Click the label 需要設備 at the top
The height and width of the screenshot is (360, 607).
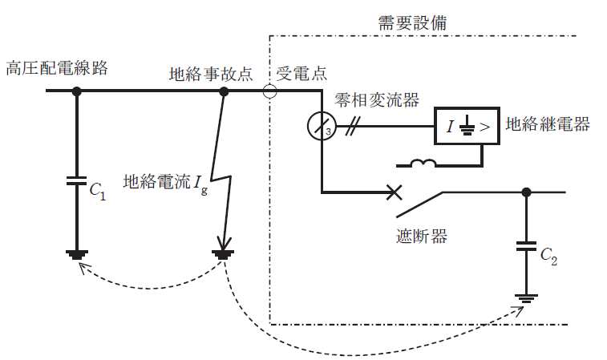click(412, 23)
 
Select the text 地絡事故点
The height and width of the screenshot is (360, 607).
click(211, 74)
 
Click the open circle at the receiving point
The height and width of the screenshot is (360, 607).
click(270, 91)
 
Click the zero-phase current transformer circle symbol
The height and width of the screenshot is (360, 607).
click(322, 127)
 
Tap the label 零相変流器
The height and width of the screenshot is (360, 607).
click(378, 99)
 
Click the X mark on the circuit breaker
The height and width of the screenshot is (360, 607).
click(394, 192)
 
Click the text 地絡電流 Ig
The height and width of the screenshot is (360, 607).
click(165, 183)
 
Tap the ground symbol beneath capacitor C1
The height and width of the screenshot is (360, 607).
click(77, 255)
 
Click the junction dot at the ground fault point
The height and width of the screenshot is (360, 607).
click(225, 91)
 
